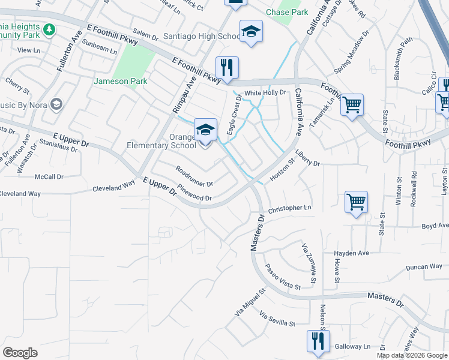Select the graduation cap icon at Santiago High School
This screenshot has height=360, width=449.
pos(251,32)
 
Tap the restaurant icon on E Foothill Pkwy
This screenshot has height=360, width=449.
pos(227,68)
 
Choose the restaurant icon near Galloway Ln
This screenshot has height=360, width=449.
pos(318,341)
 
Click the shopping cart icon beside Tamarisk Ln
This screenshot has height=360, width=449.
pos(352,105)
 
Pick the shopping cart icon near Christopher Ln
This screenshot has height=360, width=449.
pos(356,203)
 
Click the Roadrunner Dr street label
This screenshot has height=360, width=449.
pos(194,176)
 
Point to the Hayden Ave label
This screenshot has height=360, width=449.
pos(352,253)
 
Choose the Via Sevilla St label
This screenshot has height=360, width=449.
pos(277,319)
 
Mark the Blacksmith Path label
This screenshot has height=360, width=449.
pos(405,58)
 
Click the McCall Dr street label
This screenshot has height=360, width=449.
pos(49,176)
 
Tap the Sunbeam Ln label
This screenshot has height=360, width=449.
pos(100,47)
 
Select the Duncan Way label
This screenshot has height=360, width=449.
pos(423,267)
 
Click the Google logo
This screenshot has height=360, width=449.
pos(20,353)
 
